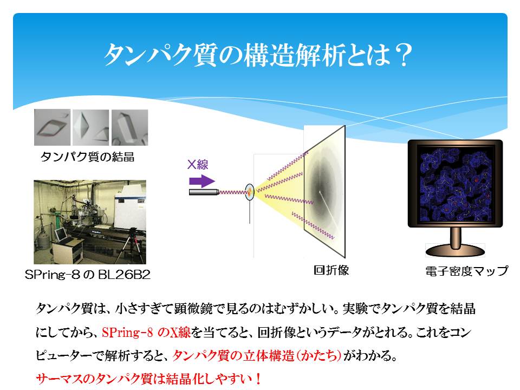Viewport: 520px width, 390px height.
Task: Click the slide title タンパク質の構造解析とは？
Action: pos(258,55)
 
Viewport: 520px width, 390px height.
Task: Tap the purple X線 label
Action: pos(198,165)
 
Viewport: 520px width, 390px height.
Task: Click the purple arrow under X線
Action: pos(202,181)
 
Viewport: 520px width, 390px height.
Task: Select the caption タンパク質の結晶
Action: pos(88,157)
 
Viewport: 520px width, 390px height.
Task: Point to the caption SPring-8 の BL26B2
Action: pos(88,275)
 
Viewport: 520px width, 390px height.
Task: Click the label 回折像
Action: pos(331,270)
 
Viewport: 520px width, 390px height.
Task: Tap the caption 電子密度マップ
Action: pos(466,271)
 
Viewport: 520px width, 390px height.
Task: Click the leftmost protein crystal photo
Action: pos(53,127)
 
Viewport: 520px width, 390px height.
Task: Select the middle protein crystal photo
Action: pos(91,128)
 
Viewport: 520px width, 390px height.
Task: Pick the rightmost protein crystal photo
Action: pos(129,128)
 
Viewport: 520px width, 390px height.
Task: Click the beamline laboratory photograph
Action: pos(90,222)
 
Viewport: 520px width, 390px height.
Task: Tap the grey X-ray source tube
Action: pos(204,192)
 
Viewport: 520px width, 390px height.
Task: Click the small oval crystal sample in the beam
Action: pos(250,192)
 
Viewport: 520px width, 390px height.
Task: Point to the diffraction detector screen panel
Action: pos(324,191)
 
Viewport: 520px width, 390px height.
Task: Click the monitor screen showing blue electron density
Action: pos(456,184)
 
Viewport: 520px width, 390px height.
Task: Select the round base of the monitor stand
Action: pos(455,251)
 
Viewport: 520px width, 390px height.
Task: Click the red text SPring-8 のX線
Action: pos(146,332)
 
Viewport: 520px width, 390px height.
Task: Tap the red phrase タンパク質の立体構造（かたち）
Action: pos(257,356)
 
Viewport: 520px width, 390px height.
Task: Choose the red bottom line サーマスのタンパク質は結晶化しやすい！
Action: pos(148,379)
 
